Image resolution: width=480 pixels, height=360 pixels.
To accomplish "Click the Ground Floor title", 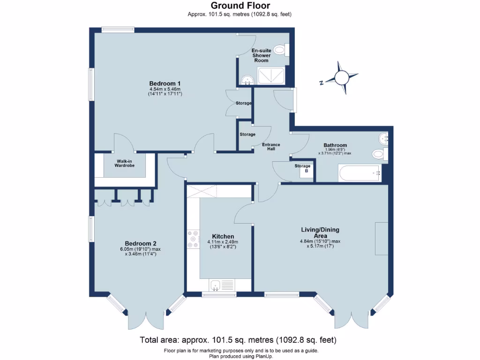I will point(240,6).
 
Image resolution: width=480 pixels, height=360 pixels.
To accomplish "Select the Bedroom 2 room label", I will point(141,243).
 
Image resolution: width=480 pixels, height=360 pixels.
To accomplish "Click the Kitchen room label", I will point(223,236).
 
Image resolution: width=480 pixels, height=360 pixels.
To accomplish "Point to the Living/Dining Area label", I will point(320,232).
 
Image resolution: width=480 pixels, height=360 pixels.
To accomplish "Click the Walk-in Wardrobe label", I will point(124,163).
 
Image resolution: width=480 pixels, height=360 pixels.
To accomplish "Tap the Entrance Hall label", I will point(271,147).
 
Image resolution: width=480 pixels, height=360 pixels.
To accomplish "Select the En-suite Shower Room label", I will point(261,55).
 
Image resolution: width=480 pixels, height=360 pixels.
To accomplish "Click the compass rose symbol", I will point(342,77).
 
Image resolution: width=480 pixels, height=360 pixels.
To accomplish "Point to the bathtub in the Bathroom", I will point(360,173).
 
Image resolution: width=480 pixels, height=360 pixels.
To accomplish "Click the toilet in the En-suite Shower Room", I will point(281,49).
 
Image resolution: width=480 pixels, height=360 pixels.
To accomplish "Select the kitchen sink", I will point(216,284).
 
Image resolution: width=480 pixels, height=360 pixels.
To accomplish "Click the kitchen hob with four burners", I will point(193,239).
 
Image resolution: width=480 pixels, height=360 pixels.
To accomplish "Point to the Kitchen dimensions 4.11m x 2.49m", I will point(223,244).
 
